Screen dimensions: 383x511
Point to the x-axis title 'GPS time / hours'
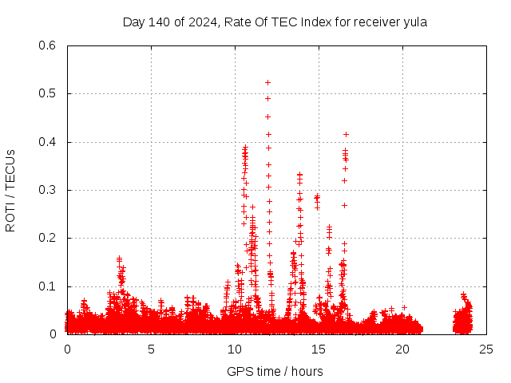pyautogui.click(x=275, y=371)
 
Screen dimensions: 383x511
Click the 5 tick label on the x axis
pyautogui.click(x=151, y=349)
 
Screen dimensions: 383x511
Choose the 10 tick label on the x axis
pyautogui.click(x=235, y=349)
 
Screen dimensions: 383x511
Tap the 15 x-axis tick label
pyautogui.click(x=319, y=349)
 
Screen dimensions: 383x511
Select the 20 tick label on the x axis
pyautogui.click(x=402, y=349)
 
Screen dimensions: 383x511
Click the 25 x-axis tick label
pyautogui.click(x=486, y=349)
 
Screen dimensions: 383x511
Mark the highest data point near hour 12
pyautogui.click(x=268, y=82)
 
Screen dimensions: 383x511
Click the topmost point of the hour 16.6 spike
pyautogui.click(x=346, y=134)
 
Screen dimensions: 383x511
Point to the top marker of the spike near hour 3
pyautogui.click(x=119, y=258)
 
